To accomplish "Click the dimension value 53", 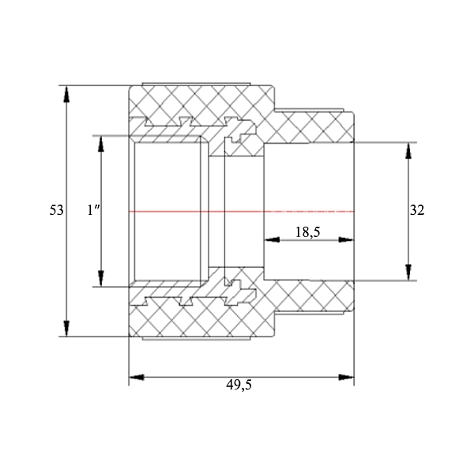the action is [x=57, y=210].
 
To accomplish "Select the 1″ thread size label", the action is [x=93, y=210].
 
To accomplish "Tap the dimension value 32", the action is [x=417, y=210].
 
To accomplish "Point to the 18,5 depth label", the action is [x=307, y=232].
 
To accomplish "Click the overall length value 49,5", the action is [x=239, y=385].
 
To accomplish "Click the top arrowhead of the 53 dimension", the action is [x=66, y=93].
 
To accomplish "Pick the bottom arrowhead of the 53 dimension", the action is [x=66, y=329].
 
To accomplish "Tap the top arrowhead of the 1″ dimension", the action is [x=101, y=144].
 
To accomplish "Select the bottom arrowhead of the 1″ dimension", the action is [x=101, y=279].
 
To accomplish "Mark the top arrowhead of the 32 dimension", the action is [x=408, y=150].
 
